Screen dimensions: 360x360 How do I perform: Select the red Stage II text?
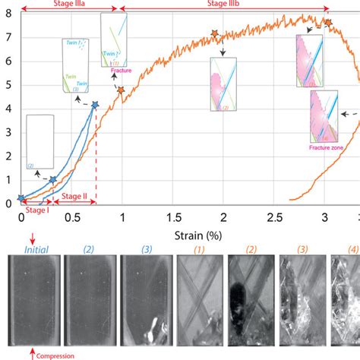coord(74,196)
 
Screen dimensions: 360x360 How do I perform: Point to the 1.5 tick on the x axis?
coord(174,217)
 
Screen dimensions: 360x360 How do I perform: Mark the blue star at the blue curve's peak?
coord(95,105)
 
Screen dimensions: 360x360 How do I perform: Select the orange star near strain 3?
coord(328,23)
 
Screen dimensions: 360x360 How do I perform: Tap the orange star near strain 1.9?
coord(214,34)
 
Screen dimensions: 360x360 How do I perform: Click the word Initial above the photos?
coord(37,248)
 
